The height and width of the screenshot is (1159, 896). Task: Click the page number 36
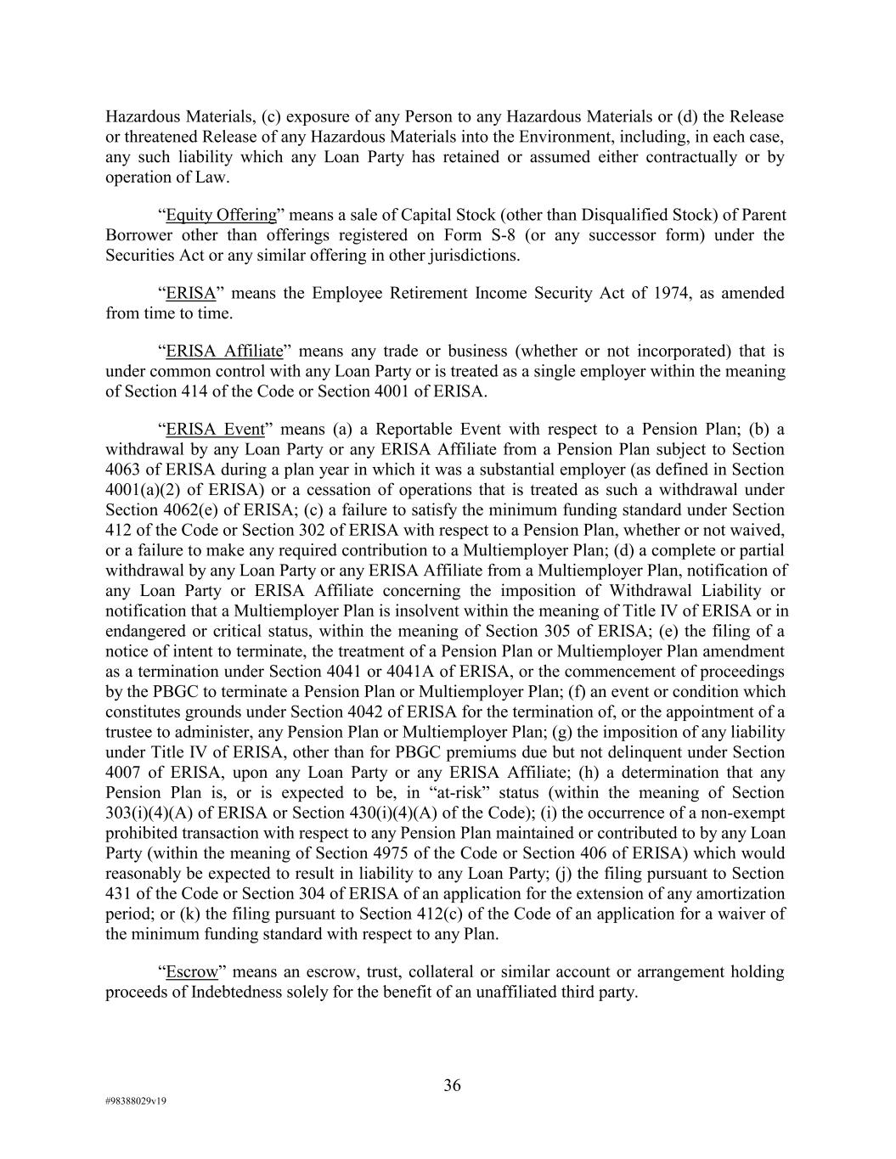452,1085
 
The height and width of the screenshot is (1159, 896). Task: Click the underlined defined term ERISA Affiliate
224,352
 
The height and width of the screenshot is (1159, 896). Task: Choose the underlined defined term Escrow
192,972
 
